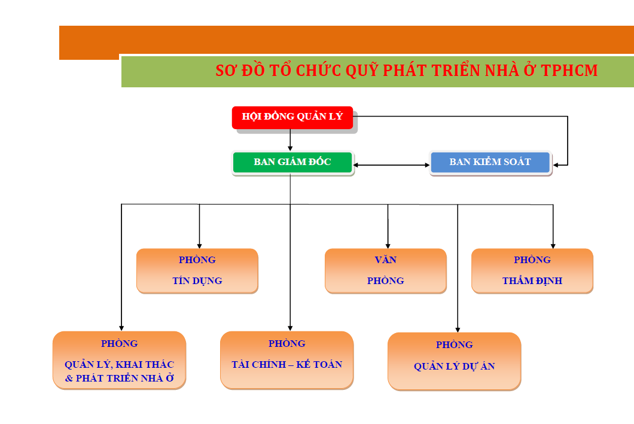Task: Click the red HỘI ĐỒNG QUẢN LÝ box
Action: click(292, 117)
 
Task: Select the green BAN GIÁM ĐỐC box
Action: click(292, 162)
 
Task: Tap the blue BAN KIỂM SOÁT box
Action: click(490, 162)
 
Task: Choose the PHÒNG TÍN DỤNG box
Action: click(197, 271)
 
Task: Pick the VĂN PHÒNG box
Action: click(385, 271)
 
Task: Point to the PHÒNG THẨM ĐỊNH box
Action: click(532, 271)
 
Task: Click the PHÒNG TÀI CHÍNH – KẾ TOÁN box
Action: click(286, 359)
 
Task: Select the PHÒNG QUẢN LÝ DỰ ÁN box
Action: click(454, 361)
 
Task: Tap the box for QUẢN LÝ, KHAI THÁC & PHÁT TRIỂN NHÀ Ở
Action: click(119, 359)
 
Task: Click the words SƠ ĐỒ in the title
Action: click(236, 71)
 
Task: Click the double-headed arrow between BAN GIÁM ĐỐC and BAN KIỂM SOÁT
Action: click(392, 165)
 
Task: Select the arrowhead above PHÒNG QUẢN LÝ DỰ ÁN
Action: click(458, 328)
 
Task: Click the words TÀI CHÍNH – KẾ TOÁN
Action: click(286, 364)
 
